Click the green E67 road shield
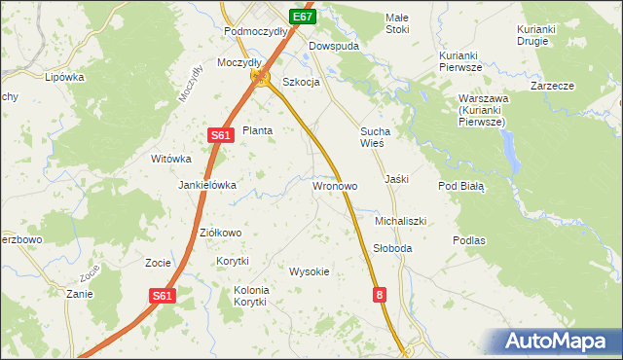tap(303, 17)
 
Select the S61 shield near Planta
tap(219, 136)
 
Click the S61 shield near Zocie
tap(163, 296)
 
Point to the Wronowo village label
tap(335, 185)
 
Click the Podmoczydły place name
tap(255, 31)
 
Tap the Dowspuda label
tap(334, 46)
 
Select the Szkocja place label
tap(301, 82)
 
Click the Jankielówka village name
tap(207, 185)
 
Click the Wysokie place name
tap(310, 271)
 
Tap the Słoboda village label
tap(393, 248)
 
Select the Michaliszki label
tap(401, 221)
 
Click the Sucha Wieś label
tap(375, 136)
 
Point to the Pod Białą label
tap(460, 186)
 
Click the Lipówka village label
tap(64, 76)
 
